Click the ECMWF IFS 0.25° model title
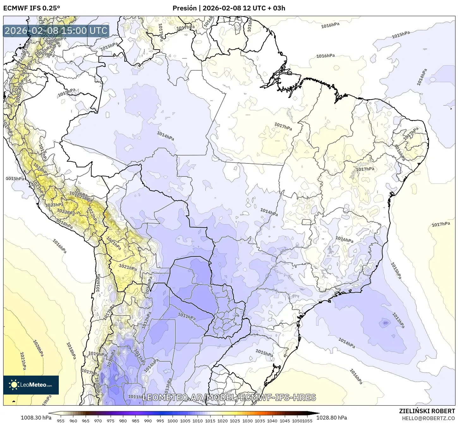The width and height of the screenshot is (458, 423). [31, 8]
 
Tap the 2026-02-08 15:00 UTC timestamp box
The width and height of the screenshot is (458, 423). [56, 31]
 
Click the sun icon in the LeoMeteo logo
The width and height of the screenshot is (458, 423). [14, 385]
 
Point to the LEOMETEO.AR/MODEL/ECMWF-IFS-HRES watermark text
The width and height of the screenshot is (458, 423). [229, 397]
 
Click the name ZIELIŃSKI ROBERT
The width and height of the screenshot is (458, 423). [427, 411]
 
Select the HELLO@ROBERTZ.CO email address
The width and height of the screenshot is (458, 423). [428, 418]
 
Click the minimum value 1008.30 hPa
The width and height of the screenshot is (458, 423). [36, 418]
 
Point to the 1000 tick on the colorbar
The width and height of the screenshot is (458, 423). [173, 420]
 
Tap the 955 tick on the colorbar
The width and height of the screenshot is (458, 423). [61, 420]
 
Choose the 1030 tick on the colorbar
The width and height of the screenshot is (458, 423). [247, 420]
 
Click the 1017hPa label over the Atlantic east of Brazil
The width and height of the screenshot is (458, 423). [441, 224]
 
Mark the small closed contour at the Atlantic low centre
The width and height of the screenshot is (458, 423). [385, 323]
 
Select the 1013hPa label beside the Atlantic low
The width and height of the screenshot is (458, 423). [398, 320]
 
